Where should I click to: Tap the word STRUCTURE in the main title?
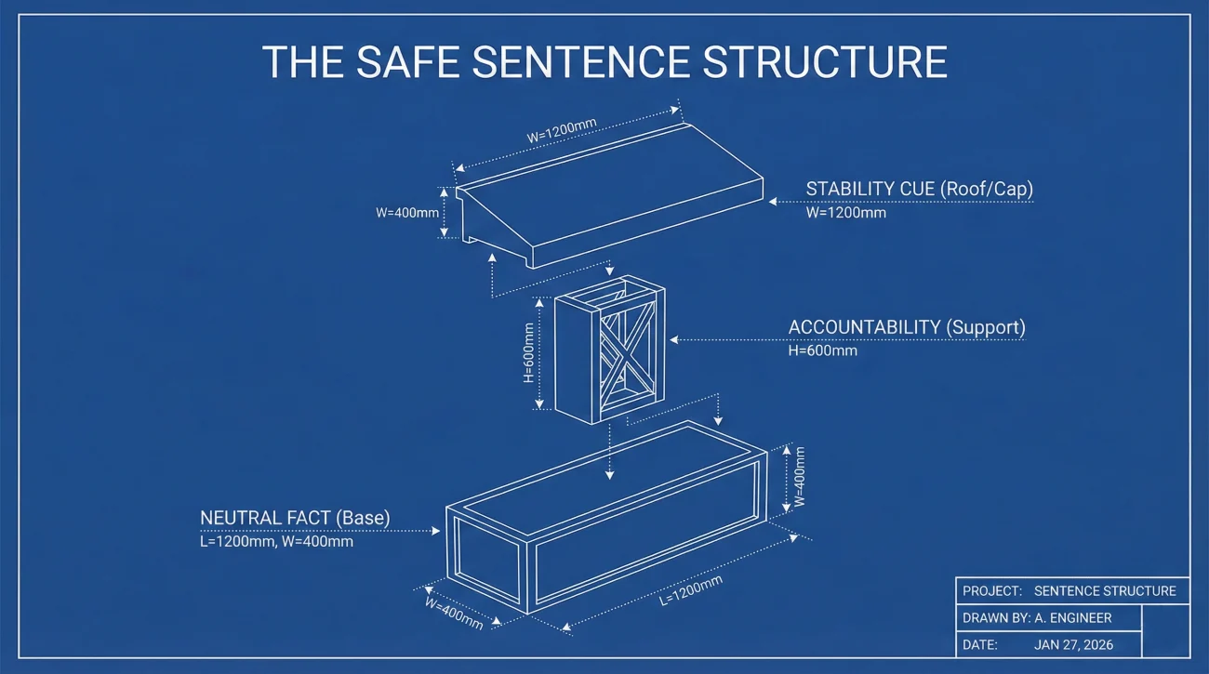tap(825, 61)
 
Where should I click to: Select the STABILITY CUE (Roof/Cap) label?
tap(919, 189)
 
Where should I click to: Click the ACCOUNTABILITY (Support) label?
tap(906, 327)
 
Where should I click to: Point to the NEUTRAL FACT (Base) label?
tap(295, 517)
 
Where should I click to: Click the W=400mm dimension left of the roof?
tap(407, 212)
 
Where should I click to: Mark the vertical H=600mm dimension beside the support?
tap(529, 353)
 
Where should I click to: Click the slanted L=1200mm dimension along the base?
tap(690, 591)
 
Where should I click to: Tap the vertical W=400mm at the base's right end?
tap(799, 477)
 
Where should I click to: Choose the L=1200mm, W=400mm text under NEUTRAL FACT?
tap(276, 541)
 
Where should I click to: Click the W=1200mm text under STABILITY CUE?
tap(845, 212)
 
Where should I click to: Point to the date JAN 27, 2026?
tap(1073, 644)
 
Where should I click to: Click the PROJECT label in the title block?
tap(991, 590)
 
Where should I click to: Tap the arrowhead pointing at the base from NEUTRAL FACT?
tap(436, 531)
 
